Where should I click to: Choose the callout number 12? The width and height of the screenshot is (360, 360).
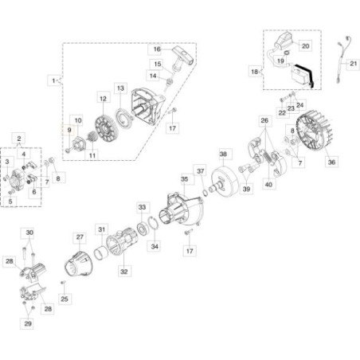point(103,98)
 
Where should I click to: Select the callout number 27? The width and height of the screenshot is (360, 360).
point(80,237)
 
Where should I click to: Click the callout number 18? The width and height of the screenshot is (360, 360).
point(255,71)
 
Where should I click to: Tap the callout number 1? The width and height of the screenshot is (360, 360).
point(53,80)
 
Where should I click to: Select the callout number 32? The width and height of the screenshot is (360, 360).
point(123,272)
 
